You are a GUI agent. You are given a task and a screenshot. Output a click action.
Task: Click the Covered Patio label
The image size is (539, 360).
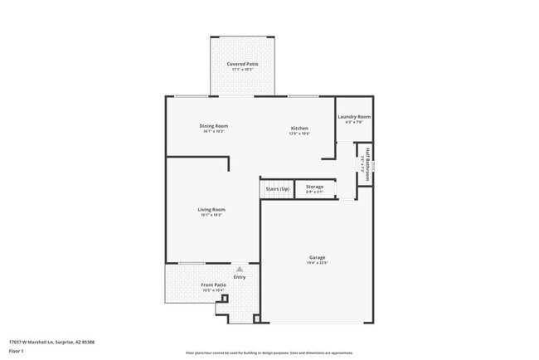coord(242,64)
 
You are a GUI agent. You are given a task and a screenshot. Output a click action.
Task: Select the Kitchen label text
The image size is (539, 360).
coord(299,129)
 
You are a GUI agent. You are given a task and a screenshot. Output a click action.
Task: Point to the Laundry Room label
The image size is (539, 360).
coord(354,117)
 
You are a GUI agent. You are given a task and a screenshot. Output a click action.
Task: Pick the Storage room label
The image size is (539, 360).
coord(315,187)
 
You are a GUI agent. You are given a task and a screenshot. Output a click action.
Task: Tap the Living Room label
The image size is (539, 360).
coord(211,210)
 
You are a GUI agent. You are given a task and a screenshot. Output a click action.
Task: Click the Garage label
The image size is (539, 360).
coord(318,257)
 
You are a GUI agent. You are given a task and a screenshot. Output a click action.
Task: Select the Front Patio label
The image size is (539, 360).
coord(214,285)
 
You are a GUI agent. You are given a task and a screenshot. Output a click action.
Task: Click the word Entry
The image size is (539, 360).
coord(240,277)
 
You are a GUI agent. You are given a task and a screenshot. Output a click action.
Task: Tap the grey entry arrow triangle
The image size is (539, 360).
coord(240,269)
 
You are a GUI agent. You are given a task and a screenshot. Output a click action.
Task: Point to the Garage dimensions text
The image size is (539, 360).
coord(318,263)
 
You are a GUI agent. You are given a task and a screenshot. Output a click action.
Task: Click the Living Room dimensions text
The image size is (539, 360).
coord(211,215)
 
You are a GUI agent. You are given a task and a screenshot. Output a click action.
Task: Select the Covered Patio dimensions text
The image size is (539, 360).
coord(242,70)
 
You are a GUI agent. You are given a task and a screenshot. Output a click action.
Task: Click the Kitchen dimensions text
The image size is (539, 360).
coord(299,134)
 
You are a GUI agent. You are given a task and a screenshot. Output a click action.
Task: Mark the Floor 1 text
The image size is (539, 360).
coord(15,351)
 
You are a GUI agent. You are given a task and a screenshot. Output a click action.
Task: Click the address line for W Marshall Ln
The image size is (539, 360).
coord(51,341)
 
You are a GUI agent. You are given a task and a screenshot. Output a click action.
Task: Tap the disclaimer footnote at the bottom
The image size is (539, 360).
coord(269,353)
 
